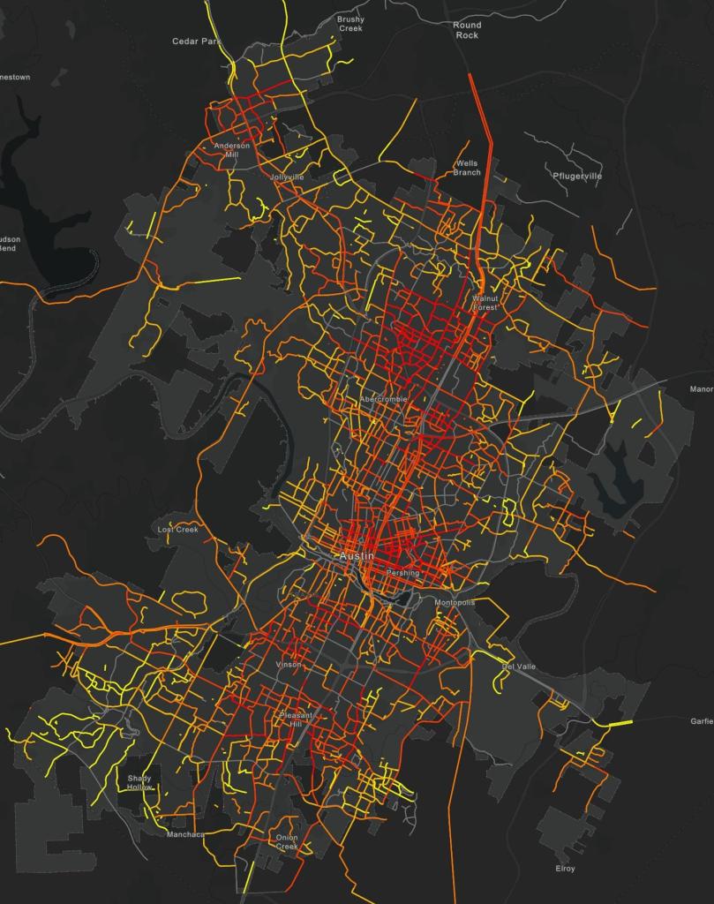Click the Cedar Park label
[x=197, y=41]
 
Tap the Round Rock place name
[x=467, y=30]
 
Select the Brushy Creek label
[x=350, y=24]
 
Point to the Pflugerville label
[x=577, y=176]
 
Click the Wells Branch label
[x=467, y=168]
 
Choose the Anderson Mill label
[x=232, y=150]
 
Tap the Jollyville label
[x=287, y=177]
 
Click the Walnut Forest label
[x=485, y=303]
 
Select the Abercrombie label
[x=384, y=399]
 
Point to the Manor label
[x=702, y=388]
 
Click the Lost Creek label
[x=178, y=530]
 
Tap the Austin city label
[x=357, y=557]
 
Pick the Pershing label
[x=403, y=573]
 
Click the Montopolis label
[x=455, y=602]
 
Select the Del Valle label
[x=519, y=667]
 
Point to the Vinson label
[x=289, y=665]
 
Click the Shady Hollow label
[x=139, y=782]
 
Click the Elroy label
[x=565, y=869]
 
